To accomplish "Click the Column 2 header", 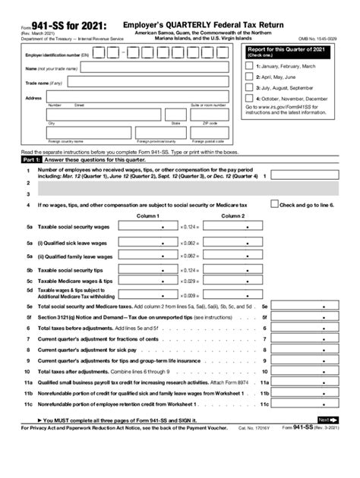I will coord(232,215).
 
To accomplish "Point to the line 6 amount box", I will coord(307,328).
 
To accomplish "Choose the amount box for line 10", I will coord(307,373).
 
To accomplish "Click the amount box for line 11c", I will coord(307,406).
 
